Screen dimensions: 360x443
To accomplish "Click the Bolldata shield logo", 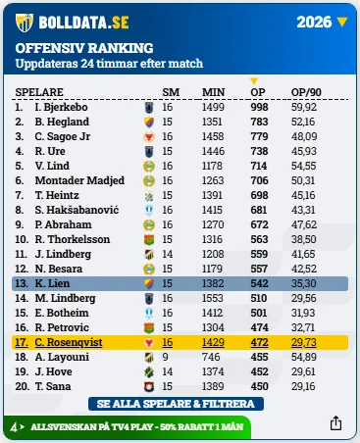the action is [x=25, y=23].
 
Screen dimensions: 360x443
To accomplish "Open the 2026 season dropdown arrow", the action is [x=341, y=23].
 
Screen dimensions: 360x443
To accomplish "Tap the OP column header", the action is [x=258, y=92].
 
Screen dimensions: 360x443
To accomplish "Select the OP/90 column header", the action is [x=306, y=92].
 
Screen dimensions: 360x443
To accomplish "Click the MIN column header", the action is [x=213, y=92].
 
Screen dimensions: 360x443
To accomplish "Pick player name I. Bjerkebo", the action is [x=61, y=107].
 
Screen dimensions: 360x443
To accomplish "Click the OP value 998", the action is [x=259, y=107].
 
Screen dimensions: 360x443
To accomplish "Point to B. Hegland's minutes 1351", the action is [x=213, y=122].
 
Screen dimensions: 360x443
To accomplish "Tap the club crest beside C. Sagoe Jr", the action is [x=149, y=136].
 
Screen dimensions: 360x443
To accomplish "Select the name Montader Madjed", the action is [x=79, y=180].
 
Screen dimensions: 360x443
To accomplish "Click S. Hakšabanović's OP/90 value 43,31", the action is [x=303, y=210].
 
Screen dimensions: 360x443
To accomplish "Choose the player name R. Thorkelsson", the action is [x=73, y=239].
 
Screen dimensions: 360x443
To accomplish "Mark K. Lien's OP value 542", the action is [x=259, y=283].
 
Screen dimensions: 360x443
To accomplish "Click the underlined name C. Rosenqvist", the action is [x=69, y=342].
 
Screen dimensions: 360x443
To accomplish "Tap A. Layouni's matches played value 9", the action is [x=165, y=357].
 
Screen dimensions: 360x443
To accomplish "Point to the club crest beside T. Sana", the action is [x=149, y=386].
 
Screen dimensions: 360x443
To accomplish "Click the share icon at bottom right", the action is [x=335, y=423].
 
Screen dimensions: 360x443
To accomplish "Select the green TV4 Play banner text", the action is [x=137, y=427].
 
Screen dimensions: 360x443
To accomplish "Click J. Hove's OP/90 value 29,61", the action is [x=303, y=371].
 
